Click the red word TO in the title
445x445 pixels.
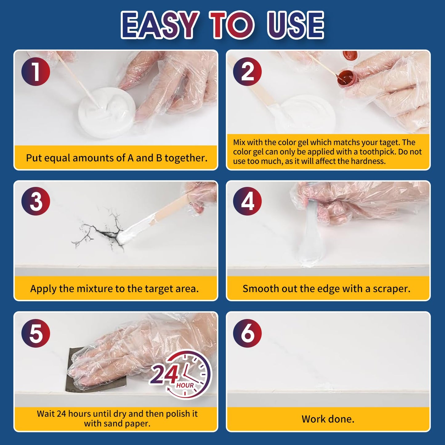click(x=232, y=25)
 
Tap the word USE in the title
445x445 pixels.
click(x=295, y=25)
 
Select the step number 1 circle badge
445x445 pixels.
click(x=36, y=71)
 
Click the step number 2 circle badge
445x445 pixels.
click(x=247, y=71)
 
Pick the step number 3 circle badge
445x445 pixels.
click(x=36, y=201)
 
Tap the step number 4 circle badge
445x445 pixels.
click(x=247, y=201)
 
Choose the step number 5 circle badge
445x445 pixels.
click(x=36, y=333)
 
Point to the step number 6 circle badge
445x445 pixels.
click(x=247, y=333)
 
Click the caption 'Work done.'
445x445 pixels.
click(x=328, y=419)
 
